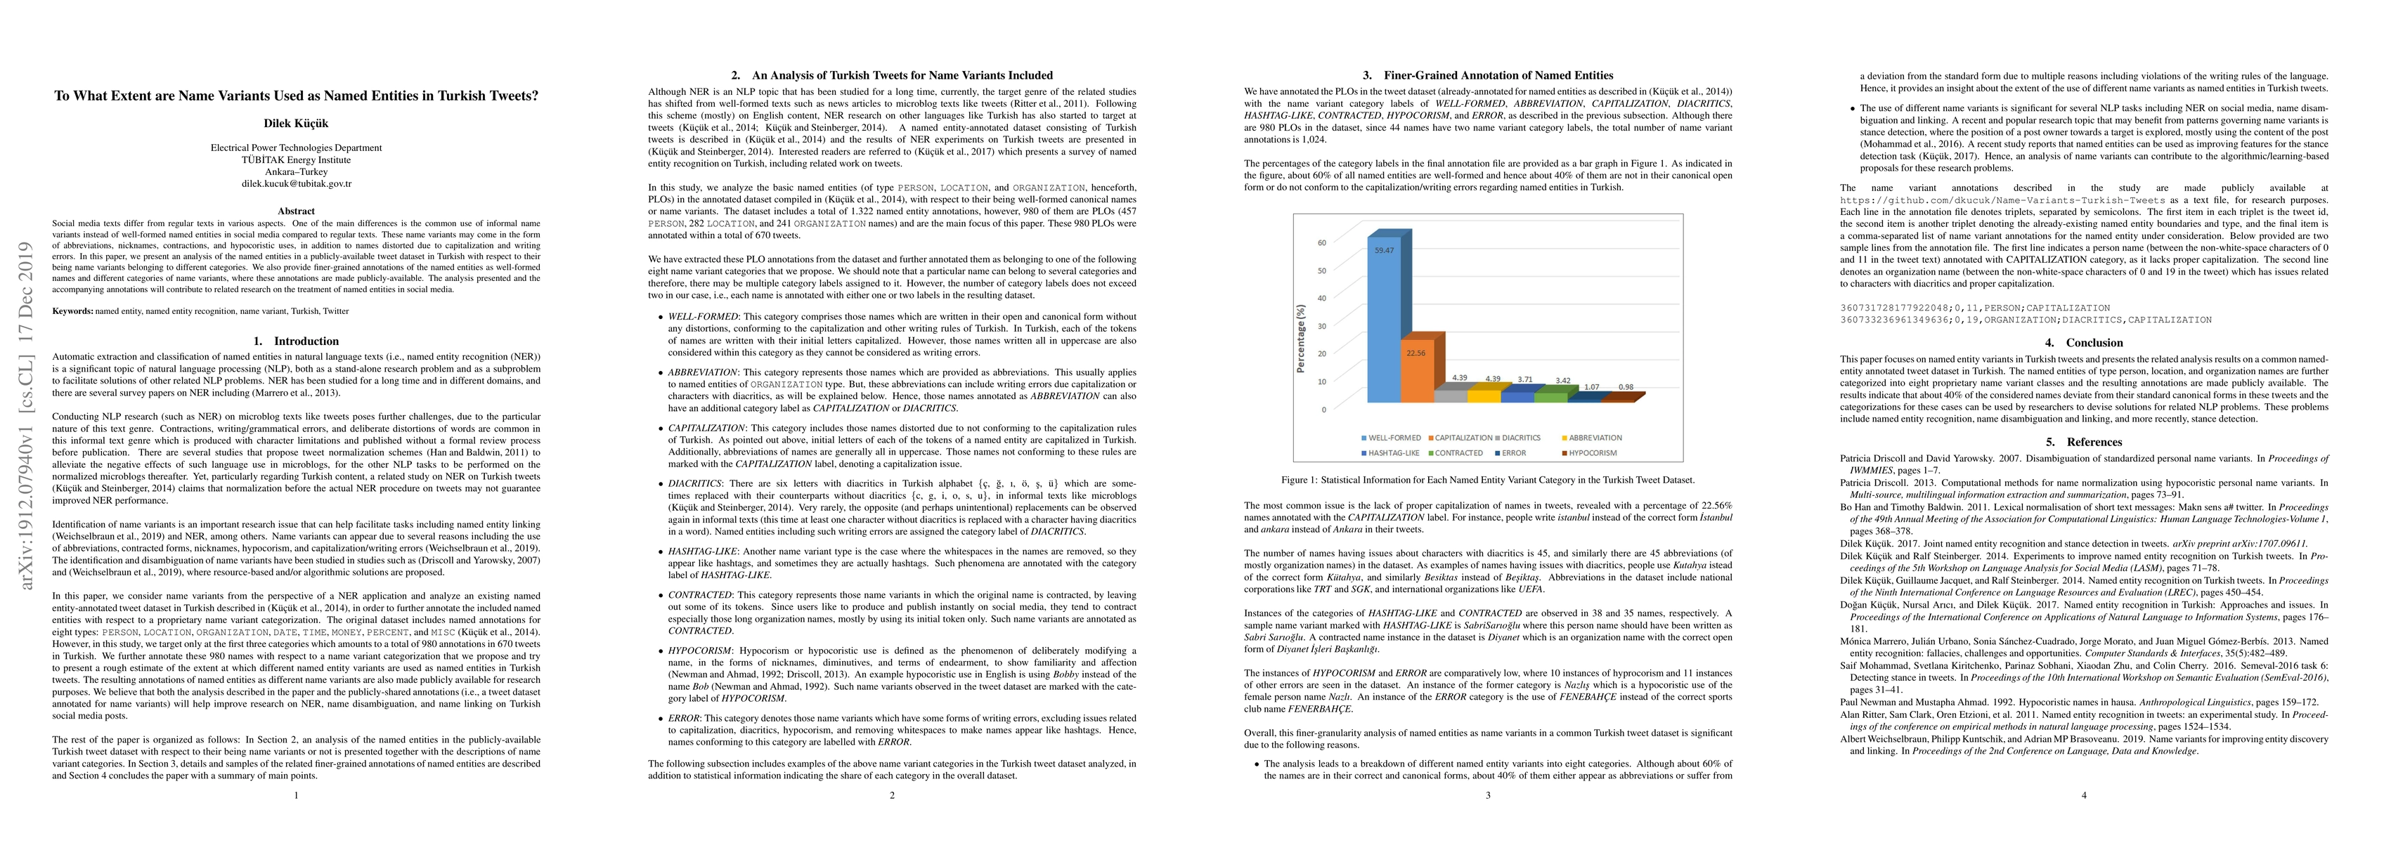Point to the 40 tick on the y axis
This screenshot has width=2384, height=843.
click(1321, 298)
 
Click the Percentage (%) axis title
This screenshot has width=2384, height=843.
click(1300, 339)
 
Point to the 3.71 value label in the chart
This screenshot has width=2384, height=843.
click(1525, 379)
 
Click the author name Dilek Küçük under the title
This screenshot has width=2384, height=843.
click(296, 123)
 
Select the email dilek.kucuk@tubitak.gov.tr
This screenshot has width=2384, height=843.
click(296, 183)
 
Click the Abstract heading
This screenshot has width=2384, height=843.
click(296, 211)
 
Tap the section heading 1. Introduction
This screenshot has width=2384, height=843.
click(296, 341)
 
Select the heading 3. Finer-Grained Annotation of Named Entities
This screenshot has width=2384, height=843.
click(1487, 76)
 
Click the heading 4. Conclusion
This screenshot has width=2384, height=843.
click(2083, 342)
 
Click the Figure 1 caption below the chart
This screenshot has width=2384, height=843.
click(1487, 481)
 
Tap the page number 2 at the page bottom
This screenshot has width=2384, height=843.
click(892, 795)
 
